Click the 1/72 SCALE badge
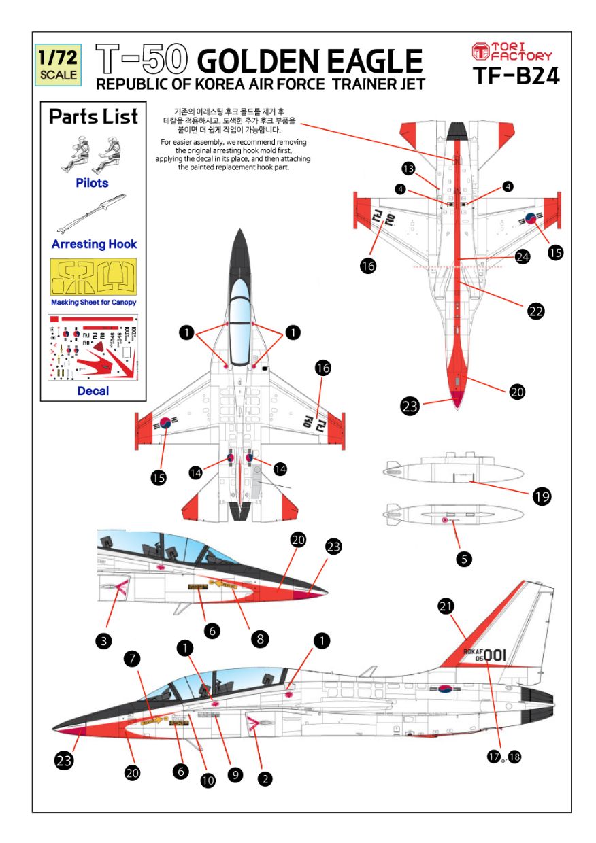(x=57, y=65)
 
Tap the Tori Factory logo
(x=512, y=52)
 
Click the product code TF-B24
(x=516, y=75)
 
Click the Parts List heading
(x=93, y=116)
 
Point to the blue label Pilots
(x=93, y=183)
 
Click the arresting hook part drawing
(x=93, y=212)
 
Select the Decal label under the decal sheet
(x=93, y=391)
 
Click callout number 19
(x=542, y=497)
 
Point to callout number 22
(x=535, y=311)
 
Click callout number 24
(x=522, y=258)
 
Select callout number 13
(x=408, y=167)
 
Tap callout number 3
(x=103, y=640)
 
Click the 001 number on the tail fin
(x=495, y=655)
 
